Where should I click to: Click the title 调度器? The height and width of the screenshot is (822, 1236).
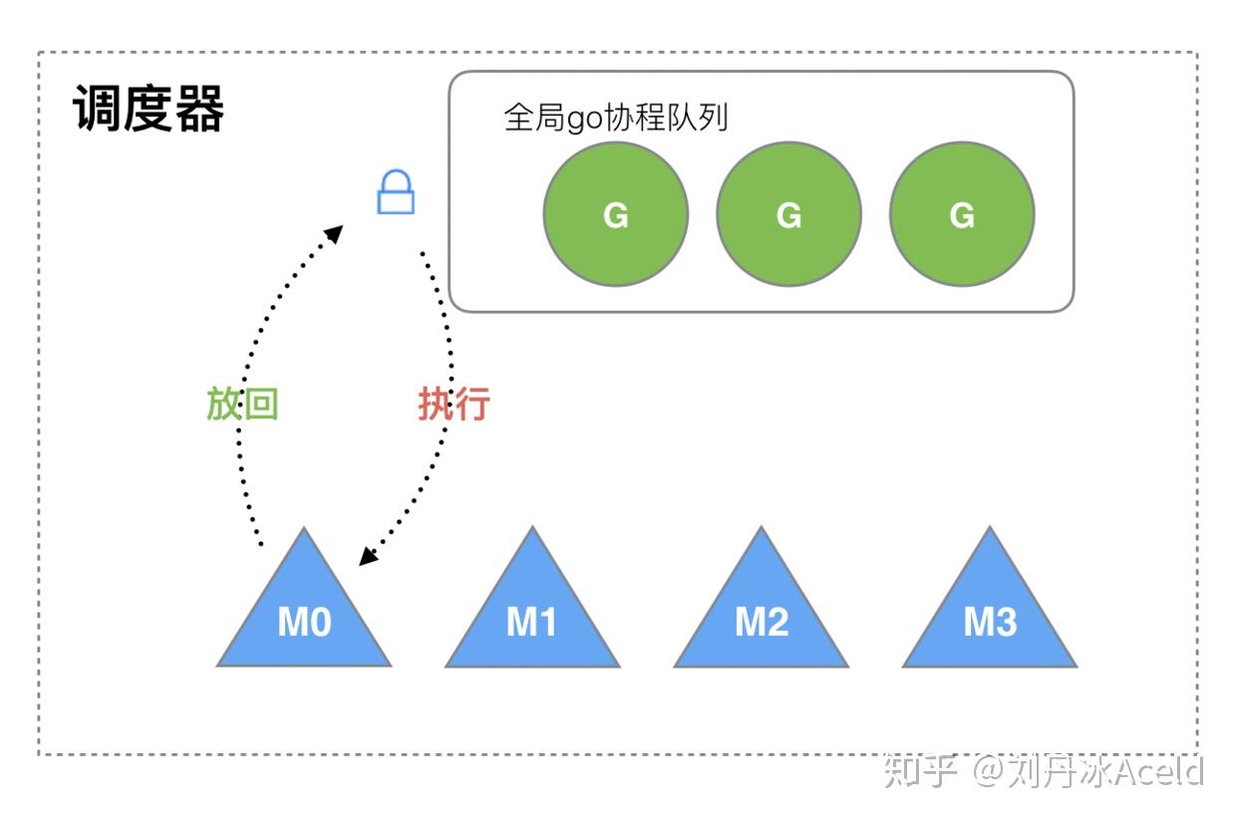point(149,109)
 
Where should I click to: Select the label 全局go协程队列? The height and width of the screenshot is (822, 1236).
point(616,118)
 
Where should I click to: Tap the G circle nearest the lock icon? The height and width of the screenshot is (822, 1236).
point(615,214)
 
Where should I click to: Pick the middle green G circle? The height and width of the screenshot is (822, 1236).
point(788,214)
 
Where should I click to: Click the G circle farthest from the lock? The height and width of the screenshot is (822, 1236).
point(962,214)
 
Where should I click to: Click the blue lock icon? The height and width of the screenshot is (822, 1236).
point(396,192)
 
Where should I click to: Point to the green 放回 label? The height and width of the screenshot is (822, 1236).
point(242,405)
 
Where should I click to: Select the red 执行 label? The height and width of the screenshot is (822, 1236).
point(454,405)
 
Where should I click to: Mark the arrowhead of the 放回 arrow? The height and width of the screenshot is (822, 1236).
point(335,233)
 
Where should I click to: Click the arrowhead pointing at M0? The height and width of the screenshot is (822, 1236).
point(367,558)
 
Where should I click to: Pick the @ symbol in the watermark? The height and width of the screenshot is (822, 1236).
point(989,771)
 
